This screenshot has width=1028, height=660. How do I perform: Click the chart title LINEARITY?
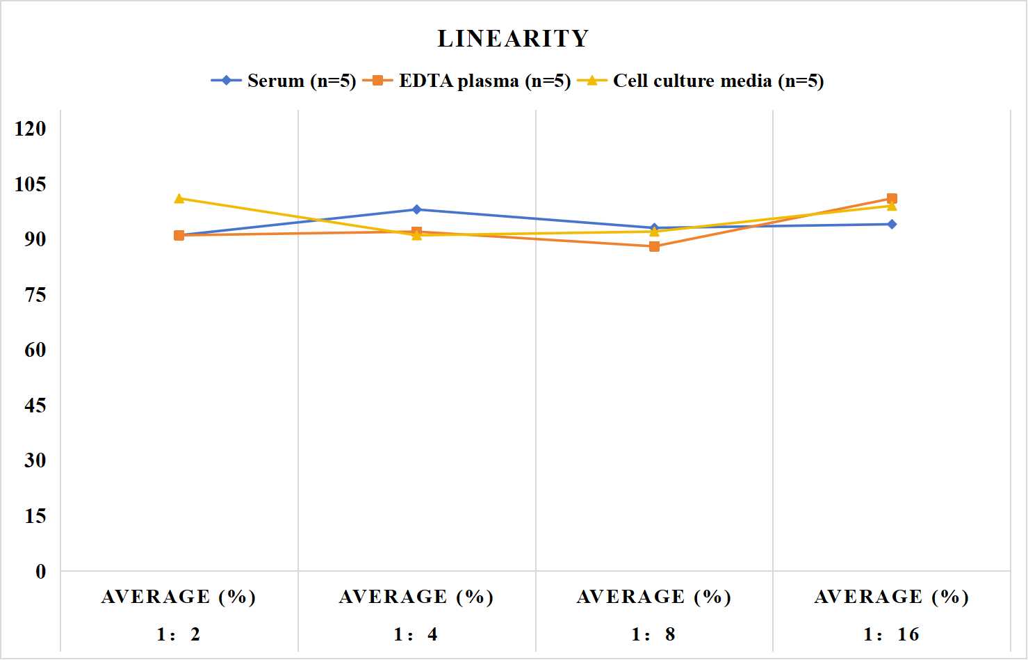click(513, 38)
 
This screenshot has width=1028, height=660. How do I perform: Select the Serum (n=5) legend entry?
click(283, 81)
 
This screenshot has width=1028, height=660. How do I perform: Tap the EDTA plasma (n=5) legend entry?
click(466, 81)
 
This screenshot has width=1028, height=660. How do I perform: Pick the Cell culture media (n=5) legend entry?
click(701, 81)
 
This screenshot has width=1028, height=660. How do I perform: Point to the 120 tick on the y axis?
click(31, 129)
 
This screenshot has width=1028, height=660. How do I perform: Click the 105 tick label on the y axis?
click(31, 184)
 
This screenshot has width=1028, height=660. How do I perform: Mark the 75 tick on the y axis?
click(35, 295)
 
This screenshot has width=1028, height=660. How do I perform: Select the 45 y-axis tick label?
click(35, 405)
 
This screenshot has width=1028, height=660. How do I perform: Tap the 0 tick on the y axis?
click(41, 572)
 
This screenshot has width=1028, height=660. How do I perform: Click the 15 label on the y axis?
click(35, 516)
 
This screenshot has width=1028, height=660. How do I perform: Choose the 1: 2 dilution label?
click(179, 634)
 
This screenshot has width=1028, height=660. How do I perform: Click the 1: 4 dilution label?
click(416, 634)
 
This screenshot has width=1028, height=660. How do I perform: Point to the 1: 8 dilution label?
click(653, 634)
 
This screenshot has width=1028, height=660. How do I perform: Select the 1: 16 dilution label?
click(891, 634)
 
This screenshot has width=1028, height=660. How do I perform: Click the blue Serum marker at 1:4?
click(417, 209)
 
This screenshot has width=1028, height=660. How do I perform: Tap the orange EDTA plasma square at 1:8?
click(655, 247)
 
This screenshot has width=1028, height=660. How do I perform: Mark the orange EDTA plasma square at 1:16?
click(892, 198)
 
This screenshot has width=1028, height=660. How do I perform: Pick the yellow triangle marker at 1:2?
click(179, 198)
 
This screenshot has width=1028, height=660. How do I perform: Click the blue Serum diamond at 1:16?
click(892, 224)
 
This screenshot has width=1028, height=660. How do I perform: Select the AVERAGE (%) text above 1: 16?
click(891, 597)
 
